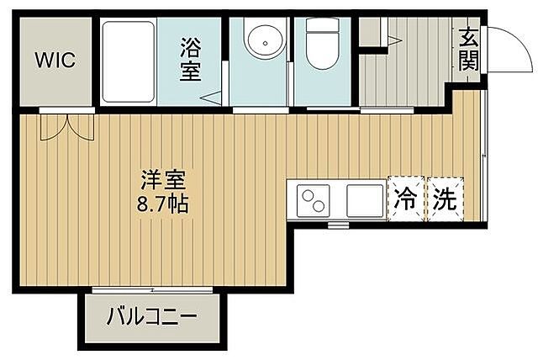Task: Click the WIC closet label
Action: pos(55,60)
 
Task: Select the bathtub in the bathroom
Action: pos(128,62)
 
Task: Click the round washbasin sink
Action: pos(261,45)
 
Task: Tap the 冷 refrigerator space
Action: pos(406,199)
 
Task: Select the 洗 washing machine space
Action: pos(445,199)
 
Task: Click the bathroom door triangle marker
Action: pos(213,96)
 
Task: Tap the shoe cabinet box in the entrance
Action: pos(369,32)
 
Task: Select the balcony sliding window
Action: pos(151,290)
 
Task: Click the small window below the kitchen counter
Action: pos(338,225)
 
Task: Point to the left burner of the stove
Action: pos(309,197)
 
